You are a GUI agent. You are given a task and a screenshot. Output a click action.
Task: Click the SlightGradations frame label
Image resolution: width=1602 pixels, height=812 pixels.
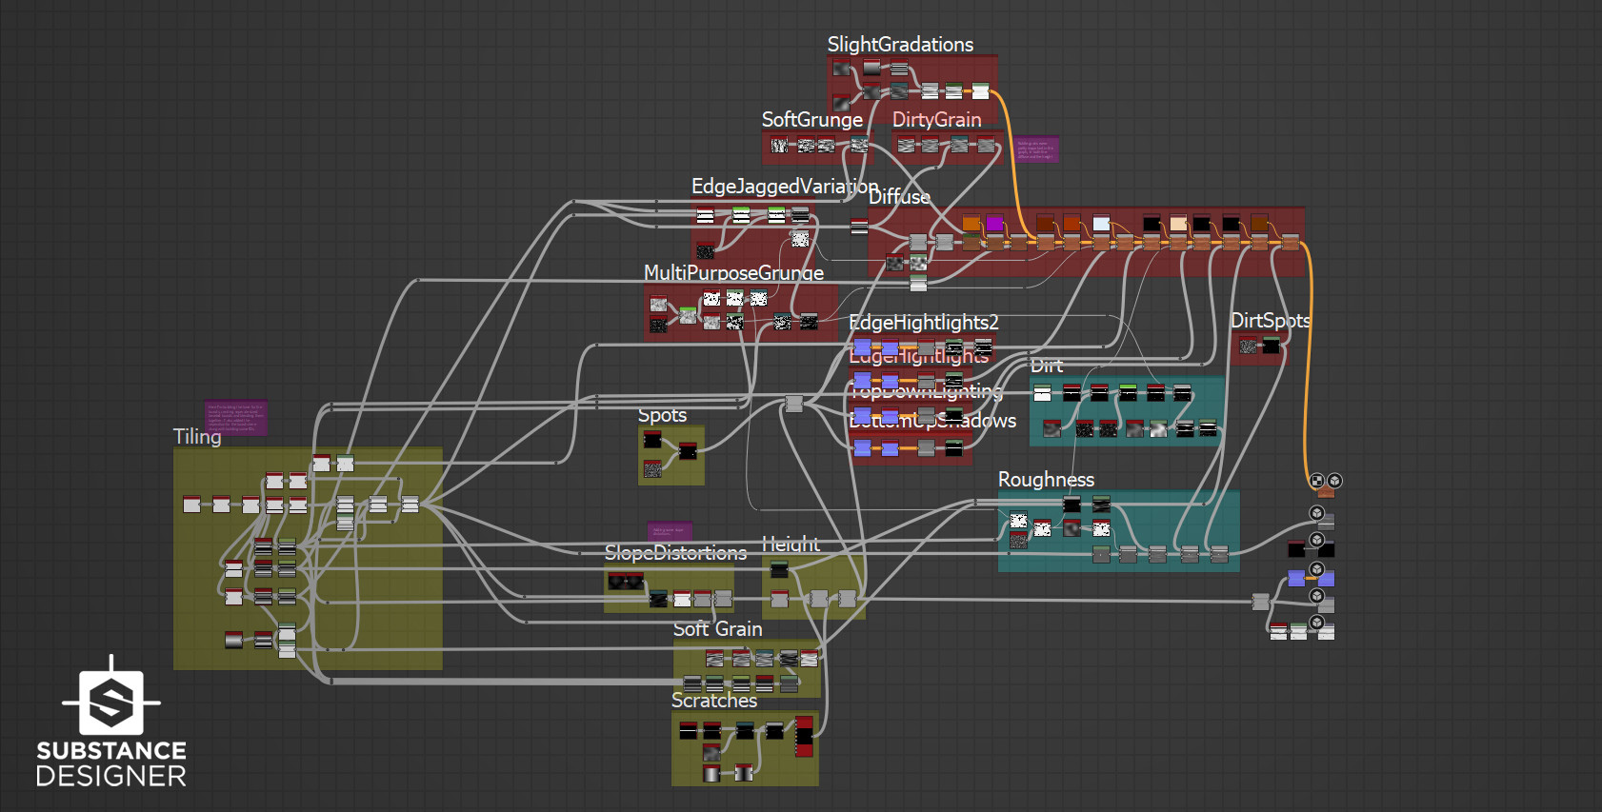(x=900, y=45)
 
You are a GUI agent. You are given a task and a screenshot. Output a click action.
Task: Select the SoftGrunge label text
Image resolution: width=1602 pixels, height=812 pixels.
(x=811, y=120)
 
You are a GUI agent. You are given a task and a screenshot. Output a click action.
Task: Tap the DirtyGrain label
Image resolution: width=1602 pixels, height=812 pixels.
(x=936, y=120)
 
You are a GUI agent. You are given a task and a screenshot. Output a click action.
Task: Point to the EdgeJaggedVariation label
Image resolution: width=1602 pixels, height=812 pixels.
(x=784, y=186)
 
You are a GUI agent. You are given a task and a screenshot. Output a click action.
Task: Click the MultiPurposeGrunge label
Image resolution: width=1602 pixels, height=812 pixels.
(x=733, y=273)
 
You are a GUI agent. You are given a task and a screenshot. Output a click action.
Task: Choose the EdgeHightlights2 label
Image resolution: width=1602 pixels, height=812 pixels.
(x=923, y=323)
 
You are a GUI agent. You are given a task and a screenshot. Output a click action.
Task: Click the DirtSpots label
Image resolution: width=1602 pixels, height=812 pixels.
(x=1270, y=321)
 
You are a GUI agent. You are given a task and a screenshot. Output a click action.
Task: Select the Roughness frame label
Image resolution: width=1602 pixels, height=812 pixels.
(x=1046, y=480)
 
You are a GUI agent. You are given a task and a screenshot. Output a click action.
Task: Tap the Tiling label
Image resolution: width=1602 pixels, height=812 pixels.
(x=197, y=437)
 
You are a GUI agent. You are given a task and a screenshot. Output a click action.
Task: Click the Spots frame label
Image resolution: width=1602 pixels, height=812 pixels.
(x=662, y=415)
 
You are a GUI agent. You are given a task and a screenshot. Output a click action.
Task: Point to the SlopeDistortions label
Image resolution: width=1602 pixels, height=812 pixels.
(x=675, y=553)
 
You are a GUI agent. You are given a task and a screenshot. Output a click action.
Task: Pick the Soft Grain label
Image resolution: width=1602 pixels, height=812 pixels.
(x=717, y=629)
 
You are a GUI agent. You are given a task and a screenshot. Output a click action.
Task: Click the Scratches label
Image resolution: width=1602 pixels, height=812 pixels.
(x=714, y=701)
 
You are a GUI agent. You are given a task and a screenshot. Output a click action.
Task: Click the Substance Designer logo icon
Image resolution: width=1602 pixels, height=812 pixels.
(x=111, y=702)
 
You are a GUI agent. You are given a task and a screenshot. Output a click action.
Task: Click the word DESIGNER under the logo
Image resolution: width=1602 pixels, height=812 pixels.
(x=111, y=777)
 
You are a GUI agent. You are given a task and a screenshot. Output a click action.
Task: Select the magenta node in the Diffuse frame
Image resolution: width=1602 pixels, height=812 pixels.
(x=994, y=224)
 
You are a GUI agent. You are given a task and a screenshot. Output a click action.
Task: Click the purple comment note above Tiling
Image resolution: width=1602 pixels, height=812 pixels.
(x=235, y=418)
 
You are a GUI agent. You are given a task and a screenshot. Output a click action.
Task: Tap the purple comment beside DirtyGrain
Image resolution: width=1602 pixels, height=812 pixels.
(x=1035, y=149)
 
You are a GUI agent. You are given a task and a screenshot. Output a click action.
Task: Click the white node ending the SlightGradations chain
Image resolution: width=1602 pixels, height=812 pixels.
(x=980, y=91)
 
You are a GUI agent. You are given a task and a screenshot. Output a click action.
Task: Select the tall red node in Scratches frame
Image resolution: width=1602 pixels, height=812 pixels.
(x=805, y=736)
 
